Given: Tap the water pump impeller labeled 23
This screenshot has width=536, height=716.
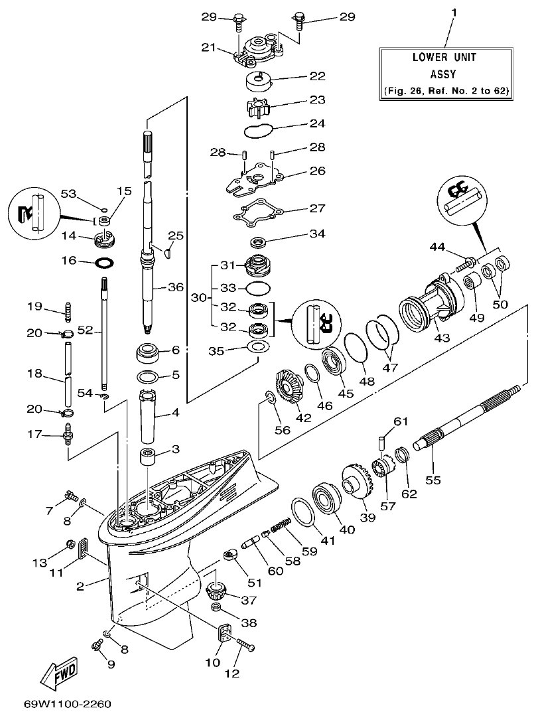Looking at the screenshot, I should [x=259, y=107].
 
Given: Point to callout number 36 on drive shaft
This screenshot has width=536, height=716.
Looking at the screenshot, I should [x=175, y=287].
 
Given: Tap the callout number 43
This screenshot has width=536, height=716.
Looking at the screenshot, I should [x=442, y=337].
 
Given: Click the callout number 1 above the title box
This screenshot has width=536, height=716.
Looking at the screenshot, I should [x=454, y=13].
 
